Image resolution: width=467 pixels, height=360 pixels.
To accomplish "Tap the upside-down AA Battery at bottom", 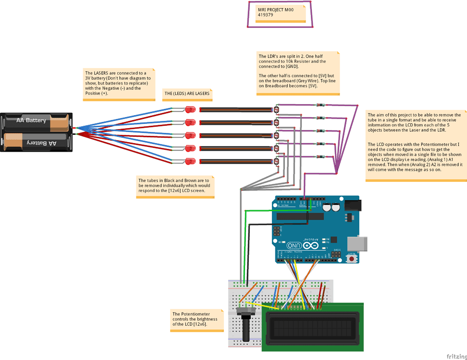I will (x=37, y=143).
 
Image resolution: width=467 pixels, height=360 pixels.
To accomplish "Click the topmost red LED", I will (x=190, y=109).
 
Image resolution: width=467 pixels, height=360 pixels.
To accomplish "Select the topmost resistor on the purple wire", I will (x=320, y=105).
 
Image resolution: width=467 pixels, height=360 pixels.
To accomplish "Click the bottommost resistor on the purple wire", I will (x=320, y=157).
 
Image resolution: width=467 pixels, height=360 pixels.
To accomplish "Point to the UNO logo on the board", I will (x=293, y=246).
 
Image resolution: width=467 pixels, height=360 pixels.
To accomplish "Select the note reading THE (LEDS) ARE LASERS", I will (x=187, y=94).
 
